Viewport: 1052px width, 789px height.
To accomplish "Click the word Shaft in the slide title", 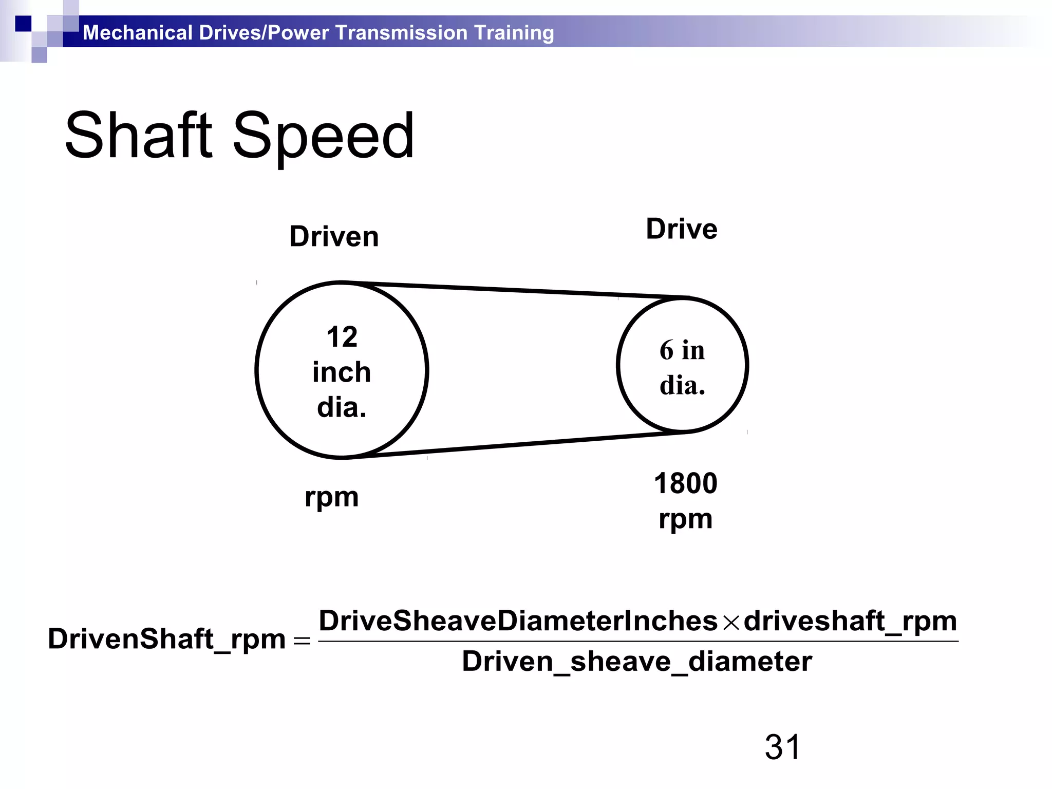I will pos(138,136).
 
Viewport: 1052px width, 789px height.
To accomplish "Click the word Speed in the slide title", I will pos(323,137).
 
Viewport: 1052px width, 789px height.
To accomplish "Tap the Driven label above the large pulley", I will pos(334,237).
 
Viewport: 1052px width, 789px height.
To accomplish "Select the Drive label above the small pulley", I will pos(681,229).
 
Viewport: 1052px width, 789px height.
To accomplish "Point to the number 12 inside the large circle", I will pos(342,337).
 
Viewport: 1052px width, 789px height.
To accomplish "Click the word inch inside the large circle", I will pos(342,372).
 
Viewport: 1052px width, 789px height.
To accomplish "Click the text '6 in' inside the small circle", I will pos(682,350).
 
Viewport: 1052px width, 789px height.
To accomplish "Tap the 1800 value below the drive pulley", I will pos(685,483).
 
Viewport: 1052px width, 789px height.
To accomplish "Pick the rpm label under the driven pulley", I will pos(331,497).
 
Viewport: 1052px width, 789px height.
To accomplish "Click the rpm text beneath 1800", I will pos(685,519).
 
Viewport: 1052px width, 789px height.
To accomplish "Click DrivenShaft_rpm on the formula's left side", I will pos(166,639).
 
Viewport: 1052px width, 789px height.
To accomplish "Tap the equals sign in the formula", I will pos(302,641).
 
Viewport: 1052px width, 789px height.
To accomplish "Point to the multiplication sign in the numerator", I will pos(730,623).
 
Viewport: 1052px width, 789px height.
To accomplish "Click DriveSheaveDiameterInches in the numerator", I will pos(518,621).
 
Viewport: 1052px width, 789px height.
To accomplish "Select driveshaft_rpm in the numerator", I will pos(850,621).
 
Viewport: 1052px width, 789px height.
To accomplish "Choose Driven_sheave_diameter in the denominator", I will pos(637,661).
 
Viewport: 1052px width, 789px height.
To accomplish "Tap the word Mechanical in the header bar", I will pos(138,32).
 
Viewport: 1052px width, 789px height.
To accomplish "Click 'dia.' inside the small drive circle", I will pos(682,385).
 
